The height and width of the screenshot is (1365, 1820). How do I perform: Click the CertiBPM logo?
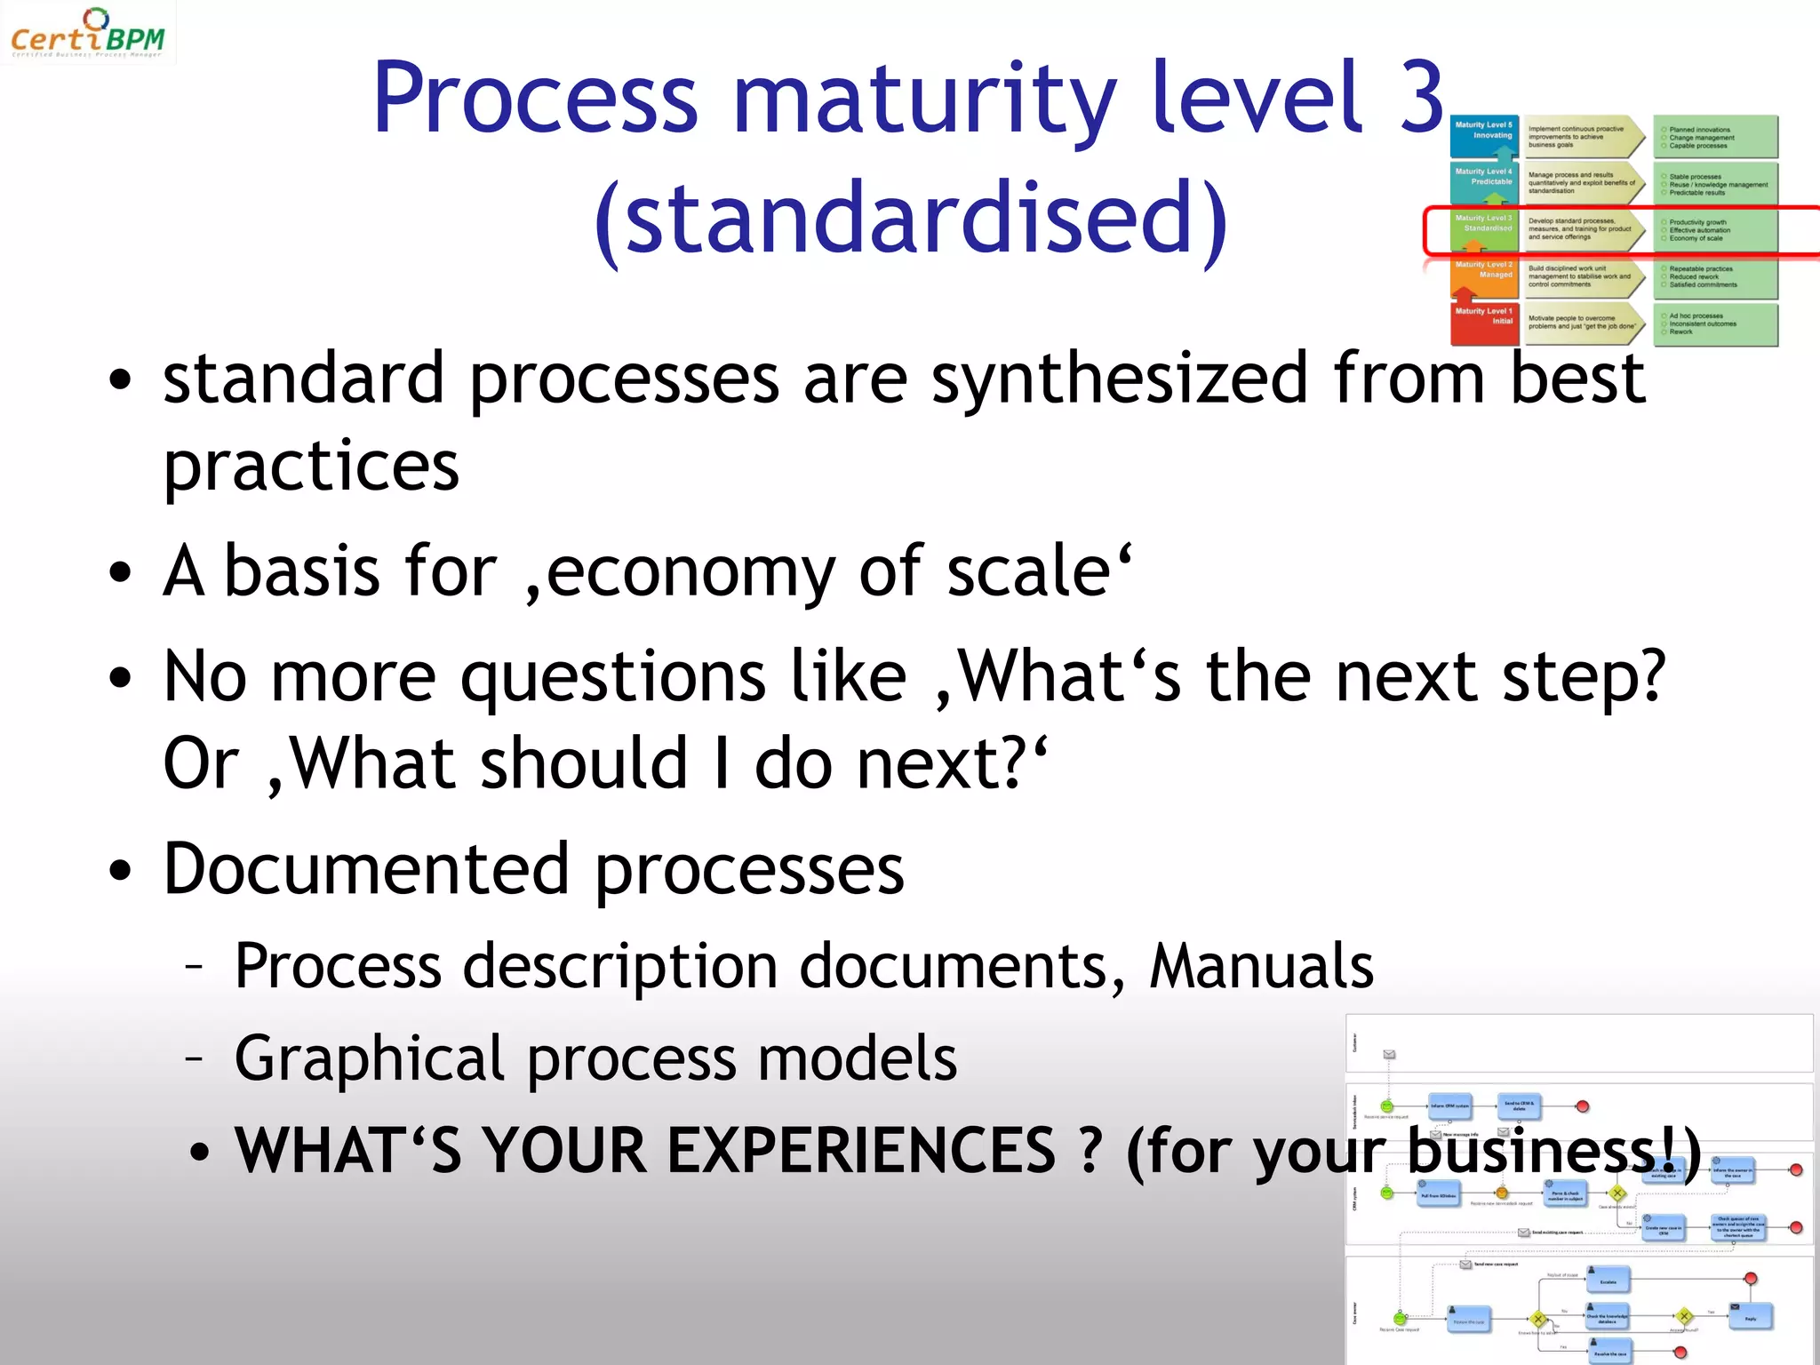click(87, 34)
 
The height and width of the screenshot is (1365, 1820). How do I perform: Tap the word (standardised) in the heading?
click(912, 219)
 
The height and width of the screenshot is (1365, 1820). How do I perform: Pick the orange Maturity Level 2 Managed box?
click(1484, 275)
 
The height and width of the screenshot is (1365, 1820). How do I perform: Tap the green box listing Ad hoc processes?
click(1715, 324)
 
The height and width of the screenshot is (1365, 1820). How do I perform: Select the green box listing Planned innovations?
click(1715, 137)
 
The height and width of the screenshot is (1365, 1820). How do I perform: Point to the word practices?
click(311, 467)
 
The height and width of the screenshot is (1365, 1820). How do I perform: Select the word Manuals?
click(1261, 966)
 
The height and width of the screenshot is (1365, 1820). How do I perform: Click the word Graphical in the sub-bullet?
click(369, 1058)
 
